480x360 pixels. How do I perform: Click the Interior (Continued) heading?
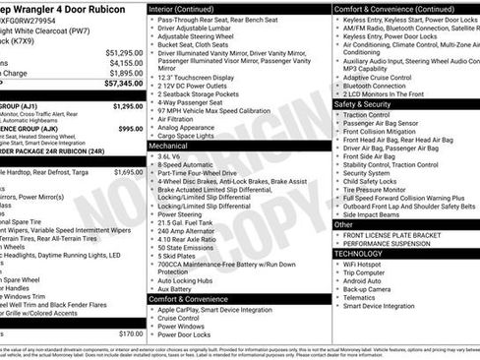pos(189,7)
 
